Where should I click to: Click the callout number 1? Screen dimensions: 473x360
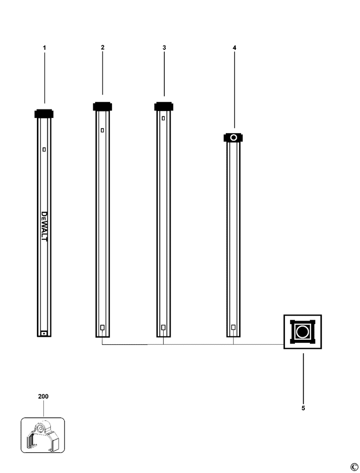[x=44, y=47]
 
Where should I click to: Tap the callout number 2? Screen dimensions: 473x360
[x=103, y=47]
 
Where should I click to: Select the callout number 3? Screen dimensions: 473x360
[x=164, y=47]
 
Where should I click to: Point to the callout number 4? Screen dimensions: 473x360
[x=234, y=47]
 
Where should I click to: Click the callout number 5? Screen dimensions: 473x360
[x=303, y=408]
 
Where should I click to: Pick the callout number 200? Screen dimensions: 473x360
[x=43, y=396]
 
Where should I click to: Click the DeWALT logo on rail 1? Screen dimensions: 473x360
[x=44, y=226]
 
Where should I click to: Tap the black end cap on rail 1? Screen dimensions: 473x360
[x=44, y=113]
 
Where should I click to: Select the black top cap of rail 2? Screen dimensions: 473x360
[x=103, y=106]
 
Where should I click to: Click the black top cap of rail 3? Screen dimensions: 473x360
[x=164, y=106]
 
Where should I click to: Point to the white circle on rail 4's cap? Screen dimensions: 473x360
[x=234, y=138]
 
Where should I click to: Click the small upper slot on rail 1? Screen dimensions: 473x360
[x=44, y=149]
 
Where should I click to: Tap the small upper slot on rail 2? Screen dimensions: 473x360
[x=103, y=130]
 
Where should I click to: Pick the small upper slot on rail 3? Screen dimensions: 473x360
[x=163, y=118]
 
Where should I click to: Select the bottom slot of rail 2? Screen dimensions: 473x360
[x=102, y=327]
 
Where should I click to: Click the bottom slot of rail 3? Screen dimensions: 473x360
[x=163, y=327]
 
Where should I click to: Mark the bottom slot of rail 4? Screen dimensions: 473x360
[x=233, y=327]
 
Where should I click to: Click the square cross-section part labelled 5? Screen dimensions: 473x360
[x=302, y=331]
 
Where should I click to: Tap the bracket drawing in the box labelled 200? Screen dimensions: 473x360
[x=42, y=435]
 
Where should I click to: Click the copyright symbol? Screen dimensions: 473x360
[x=354, y=467]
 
